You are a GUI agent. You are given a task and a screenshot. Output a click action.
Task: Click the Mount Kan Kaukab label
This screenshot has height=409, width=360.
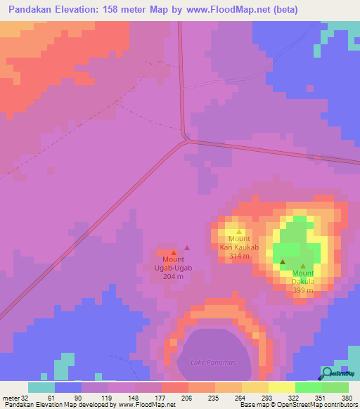tap(239, 243)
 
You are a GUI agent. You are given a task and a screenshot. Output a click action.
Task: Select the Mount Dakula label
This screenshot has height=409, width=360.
tap(303, 278)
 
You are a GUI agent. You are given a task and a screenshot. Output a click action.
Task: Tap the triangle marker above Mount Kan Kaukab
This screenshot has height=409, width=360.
tap(239, 232)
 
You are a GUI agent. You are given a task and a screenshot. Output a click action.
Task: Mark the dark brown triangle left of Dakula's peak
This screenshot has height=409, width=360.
tap(282, 261)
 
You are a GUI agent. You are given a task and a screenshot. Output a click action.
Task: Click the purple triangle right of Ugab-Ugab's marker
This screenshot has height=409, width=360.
tap(187, 247)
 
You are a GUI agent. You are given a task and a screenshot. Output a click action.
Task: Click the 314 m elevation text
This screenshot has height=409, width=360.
tap(239, 257)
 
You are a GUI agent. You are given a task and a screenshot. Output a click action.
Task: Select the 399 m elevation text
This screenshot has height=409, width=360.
tap(303, 290)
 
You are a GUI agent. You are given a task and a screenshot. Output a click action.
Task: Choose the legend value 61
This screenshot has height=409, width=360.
tap(48, 398)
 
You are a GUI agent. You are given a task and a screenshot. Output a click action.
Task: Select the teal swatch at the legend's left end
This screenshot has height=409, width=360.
tap(41, 387)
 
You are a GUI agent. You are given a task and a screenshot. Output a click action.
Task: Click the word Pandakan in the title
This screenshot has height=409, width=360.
tap(34, 10)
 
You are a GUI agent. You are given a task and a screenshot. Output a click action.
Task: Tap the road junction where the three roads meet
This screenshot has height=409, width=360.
tap(186, 139)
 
